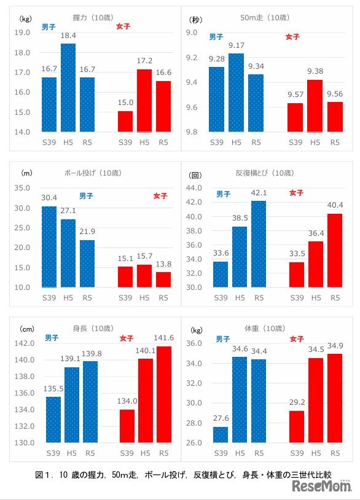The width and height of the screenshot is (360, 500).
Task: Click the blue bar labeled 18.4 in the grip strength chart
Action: click(x=68, y=87)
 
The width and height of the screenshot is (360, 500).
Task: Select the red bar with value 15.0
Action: click(x=125, y=121)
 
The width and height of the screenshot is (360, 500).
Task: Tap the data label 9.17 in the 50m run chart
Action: click(x=236, y=45)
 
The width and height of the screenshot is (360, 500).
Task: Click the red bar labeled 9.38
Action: click(x=315, y=106)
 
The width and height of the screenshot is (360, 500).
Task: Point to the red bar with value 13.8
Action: click(x=163, y=279)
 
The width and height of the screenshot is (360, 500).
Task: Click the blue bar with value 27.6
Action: click(x=221, y=434)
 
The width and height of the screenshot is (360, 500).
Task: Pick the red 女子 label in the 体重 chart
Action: click(x=297, y=338)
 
